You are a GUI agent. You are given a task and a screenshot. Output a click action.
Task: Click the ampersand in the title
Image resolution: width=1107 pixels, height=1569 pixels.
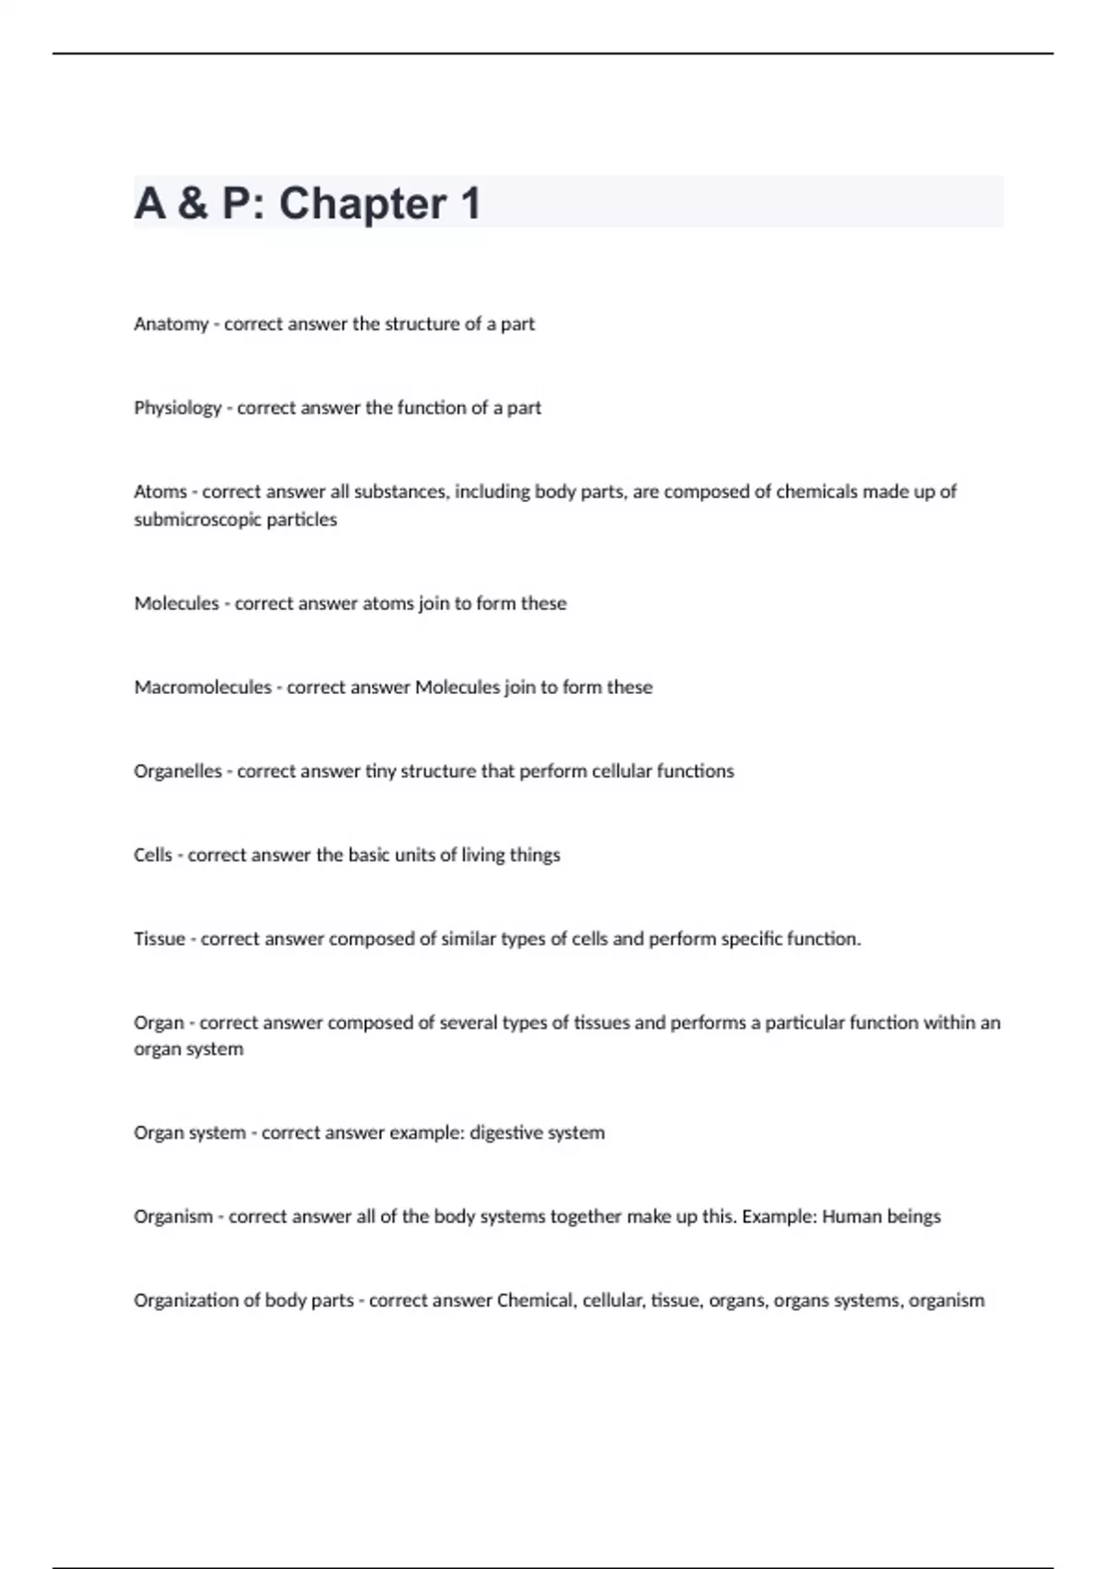(193, 203)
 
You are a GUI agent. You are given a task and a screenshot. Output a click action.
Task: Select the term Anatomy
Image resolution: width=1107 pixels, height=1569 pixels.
(171, 324)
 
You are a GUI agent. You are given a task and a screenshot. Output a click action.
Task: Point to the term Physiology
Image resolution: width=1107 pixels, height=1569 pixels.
(177, 408)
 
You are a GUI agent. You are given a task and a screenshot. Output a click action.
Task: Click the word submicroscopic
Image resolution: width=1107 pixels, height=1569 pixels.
(197, 520)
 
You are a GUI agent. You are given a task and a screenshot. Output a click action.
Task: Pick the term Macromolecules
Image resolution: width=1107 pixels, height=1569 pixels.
(202, 688)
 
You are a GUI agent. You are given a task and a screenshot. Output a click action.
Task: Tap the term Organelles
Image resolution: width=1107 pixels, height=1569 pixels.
(177, 772)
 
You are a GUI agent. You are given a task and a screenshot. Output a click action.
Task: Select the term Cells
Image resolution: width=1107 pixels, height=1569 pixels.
(152, 856)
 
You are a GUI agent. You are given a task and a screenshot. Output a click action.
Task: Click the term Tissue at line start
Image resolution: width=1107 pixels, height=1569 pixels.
(159, 940)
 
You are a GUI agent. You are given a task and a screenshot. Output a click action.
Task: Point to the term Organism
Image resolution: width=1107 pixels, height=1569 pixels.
(173, 1216)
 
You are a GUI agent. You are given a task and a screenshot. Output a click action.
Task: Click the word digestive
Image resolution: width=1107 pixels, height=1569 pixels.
(506, 1132)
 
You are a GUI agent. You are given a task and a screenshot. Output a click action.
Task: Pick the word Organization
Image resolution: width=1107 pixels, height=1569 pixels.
(185, 1300)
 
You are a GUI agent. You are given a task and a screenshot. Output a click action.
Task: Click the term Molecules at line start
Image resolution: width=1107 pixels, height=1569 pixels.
(176, 604)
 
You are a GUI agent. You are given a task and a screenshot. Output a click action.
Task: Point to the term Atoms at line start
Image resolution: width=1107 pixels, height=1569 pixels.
(160, 492)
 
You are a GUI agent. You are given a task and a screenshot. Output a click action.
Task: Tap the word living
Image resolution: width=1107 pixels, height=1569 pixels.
(482, 856)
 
